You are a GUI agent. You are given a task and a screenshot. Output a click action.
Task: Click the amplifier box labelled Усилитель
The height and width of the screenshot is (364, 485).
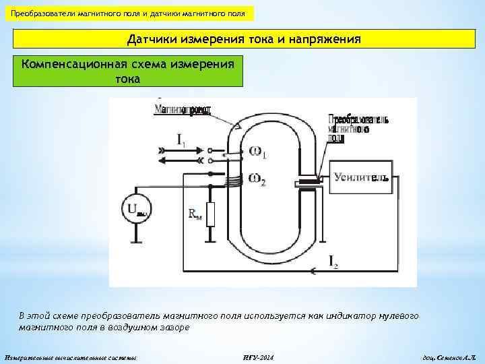point(360,178)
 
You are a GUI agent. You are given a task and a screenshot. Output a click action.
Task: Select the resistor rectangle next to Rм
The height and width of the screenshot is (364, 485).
point(210,215)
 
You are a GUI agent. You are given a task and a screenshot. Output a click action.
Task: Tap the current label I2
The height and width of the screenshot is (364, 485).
point(333,260)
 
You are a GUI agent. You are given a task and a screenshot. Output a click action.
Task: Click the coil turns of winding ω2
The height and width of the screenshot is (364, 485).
point(233,181)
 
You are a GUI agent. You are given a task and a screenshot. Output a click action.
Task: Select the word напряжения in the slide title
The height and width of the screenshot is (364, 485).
point(323,40)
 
